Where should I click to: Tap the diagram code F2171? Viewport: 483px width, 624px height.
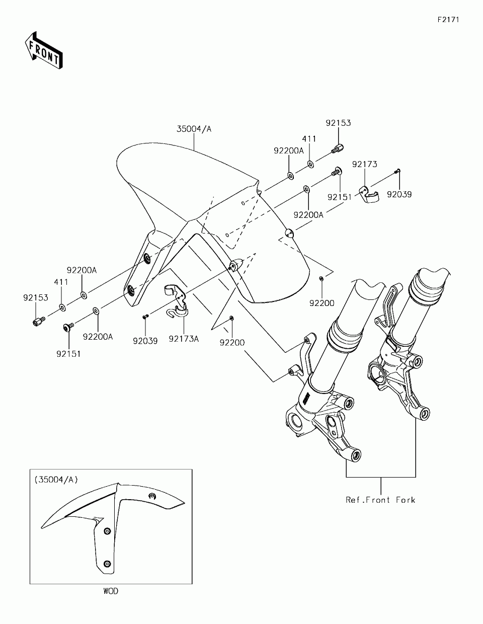pyautogui.click(x=448, y=20)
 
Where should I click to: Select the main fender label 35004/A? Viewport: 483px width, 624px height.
pyautogui.click(x=194, y=129)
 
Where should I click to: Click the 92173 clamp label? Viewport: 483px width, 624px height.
pyautogui.click(x=365, y=164)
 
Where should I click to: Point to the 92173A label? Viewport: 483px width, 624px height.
pyautogui.click(x=184, y=339)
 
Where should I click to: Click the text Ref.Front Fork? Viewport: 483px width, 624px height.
pyautogui.click(x=380, y=500)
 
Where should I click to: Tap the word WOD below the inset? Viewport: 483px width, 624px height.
pyautogui.click(x=111, y=591)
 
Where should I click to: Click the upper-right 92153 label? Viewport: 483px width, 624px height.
pyautogui.click(x=338, y=123)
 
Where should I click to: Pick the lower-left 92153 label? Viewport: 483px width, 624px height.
pyautogui.click(x=35, y=297)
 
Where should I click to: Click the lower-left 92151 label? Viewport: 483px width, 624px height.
pyautogui.click(x=68, y=354)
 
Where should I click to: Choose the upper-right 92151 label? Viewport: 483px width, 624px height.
pyautogui.click(x=340, y=197)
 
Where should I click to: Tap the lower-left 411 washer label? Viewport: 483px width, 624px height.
pyautogui.click(x=60, y=282)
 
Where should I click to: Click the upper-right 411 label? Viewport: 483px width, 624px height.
pyautogui.click(x=309, y=138)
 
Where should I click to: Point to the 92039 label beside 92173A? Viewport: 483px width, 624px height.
pyautogui.click(x=145, y=341)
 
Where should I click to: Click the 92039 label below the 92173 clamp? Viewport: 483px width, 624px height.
pyautogui.click(x=399, y=194)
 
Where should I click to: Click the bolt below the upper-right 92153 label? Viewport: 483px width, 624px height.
pyautogui.click(x=338, y=148)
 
